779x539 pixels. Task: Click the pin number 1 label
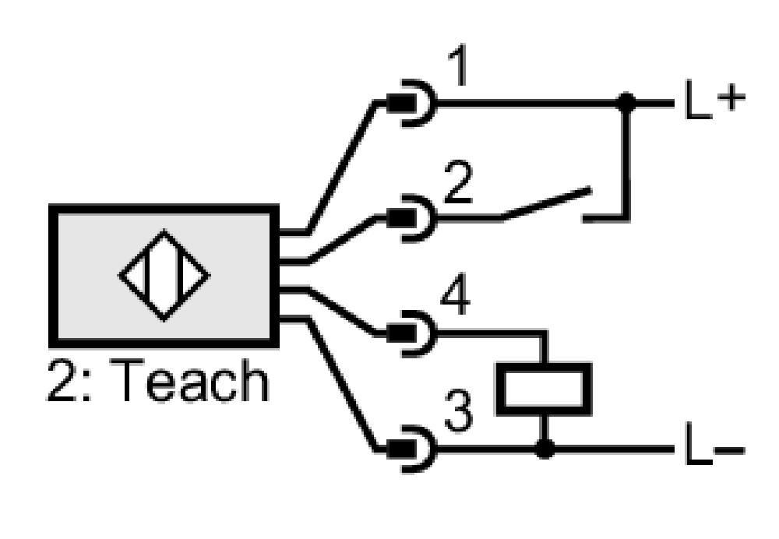pyautogui.click(x=458, y=66)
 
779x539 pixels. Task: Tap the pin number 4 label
pyautogui.click(x=456, y=297)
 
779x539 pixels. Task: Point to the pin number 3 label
pyautogui.click(x=458, y=411)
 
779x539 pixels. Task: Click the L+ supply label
pyautogui.click(x=715, y=100)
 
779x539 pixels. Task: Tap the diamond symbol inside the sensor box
pyautogui.click(x=164, y=275)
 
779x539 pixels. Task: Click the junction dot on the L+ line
pyautogui.click(x=626, y=103)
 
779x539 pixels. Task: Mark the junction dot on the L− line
pyautogui.click(x=545, y=449)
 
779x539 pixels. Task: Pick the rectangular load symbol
pyautogui.click(x=545, y=389)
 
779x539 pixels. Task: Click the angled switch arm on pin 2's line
pyautogui.click(x=546, y=203)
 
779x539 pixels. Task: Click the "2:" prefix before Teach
pyautogui.click(x=69, y=380)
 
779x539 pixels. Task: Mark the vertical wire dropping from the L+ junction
pyautogui.click(x=627, y=160)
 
